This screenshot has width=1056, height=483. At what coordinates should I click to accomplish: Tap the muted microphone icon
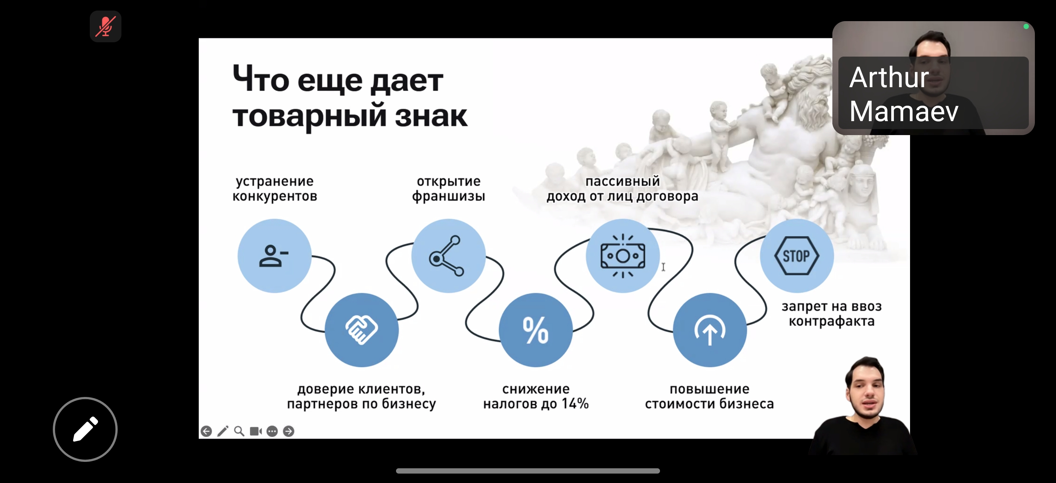click(x=105, y=27)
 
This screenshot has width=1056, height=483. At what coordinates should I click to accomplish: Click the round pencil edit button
click(x=85, y=429)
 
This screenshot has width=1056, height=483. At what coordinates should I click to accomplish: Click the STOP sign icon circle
click(x=797, y=256)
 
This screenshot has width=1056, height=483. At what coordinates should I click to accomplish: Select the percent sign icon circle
click(x=536, y=330)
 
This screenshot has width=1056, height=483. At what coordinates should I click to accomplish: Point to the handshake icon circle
click(x=361, y=330)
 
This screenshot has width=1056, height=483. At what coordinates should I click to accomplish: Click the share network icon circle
click(x=448, y=256)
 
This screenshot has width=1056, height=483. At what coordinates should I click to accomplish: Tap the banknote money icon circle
click(x=623, y=256)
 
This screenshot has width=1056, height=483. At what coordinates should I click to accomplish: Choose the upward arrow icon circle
click(x=710, y=330)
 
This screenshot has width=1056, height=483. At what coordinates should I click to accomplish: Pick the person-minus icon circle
click(x=274, y=256)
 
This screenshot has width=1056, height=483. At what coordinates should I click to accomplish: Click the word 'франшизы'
click(x=448, y=196)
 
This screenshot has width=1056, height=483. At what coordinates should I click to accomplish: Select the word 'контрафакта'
click(x=831, y=321)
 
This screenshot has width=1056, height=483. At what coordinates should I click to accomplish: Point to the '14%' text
click(x=575, y=403)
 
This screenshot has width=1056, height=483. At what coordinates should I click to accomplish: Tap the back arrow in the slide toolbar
click(x=206, y=431)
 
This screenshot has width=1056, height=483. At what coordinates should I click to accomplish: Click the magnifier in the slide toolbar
click(x=239, y=431)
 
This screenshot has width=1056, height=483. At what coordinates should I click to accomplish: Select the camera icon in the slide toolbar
click(x=256, y=431)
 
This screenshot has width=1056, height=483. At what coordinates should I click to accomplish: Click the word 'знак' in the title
click(x=431, y=116)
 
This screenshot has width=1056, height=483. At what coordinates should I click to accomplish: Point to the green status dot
click(x=1026, y=27)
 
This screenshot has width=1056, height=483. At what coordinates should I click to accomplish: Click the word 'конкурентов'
click(x=275, y=196)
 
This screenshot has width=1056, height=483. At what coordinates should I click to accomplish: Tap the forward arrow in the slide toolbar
click(x=289, y=431)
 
